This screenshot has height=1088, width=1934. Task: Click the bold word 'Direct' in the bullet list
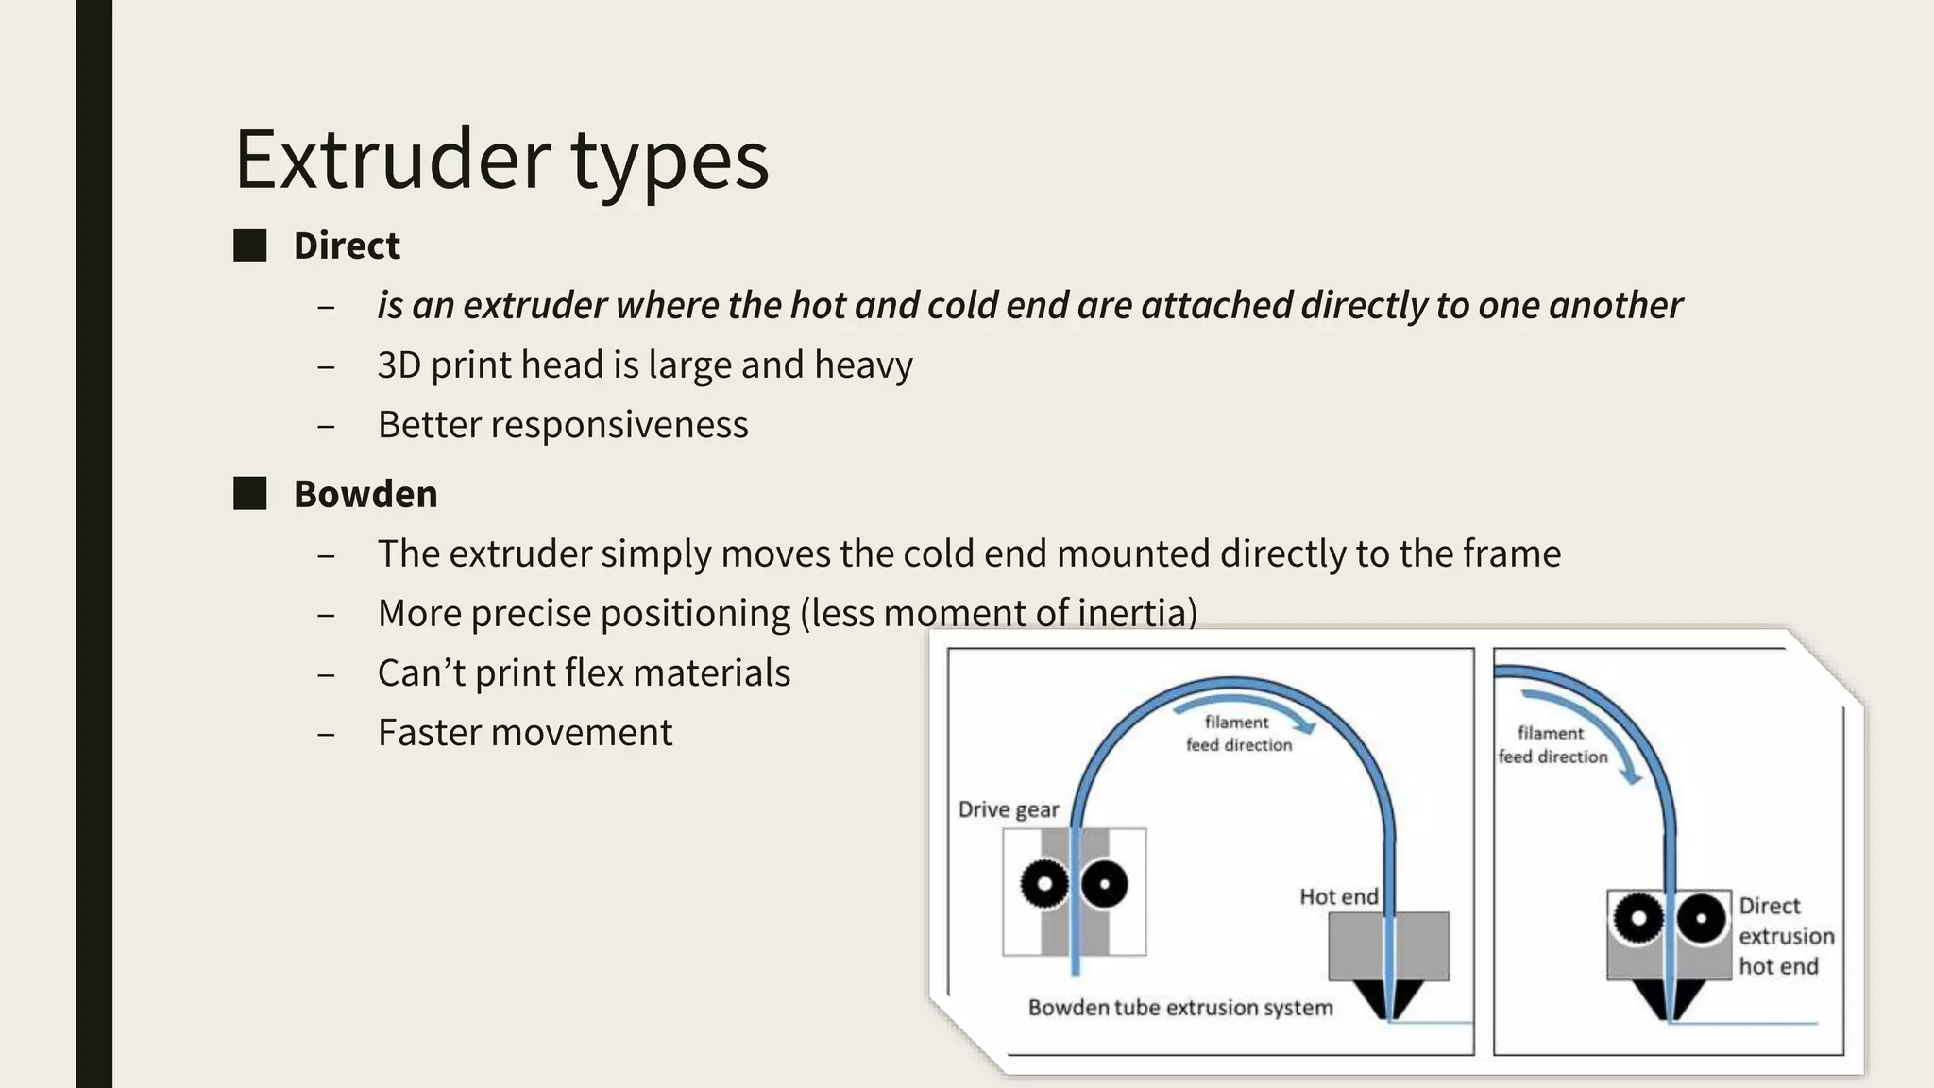pyautogui.click(x=347, y=246)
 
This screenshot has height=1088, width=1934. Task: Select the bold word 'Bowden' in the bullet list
pyautogui.click(x=365, y=494)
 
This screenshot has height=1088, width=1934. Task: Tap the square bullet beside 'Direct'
pyautogui.click(x=250, y=246)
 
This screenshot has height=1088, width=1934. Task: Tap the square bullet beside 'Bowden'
pyautogui.click(x=250, y=494)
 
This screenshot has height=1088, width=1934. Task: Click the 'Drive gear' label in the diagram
pyautogui.click(x=1008, y=809)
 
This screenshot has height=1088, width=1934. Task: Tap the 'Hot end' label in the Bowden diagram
pyautogui.click(x=1338, y=896)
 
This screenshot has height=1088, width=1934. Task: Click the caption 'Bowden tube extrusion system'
pyautogui.click(x=1180, y=1008)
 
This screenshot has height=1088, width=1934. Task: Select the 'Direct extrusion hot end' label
pyautogui.click(x=1786, y=935)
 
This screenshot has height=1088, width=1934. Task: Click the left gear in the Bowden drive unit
pyautogui.click(x=1044, y=885)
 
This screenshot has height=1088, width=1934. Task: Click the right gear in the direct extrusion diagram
pyautogui.click(x=1702, y=918)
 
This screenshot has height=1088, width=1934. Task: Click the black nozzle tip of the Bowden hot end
pyautogui.click(x=1389, y=1009)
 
